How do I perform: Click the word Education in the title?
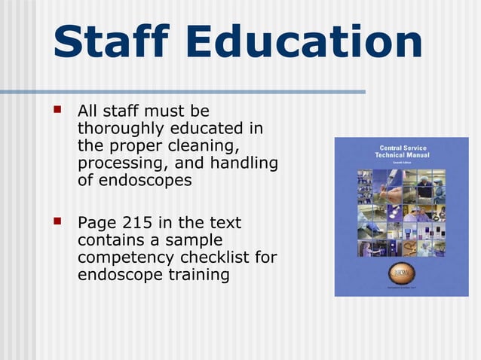coord(299,43)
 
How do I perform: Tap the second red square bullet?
coord(57,223)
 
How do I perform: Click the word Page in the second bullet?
coord(95,223)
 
